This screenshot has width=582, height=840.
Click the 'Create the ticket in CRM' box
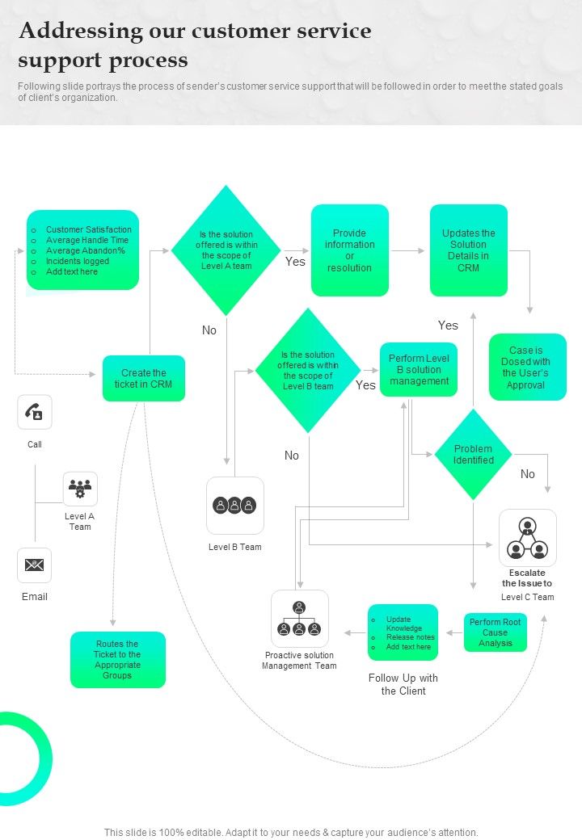144,378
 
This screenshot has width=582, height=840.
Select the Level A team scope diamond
226,250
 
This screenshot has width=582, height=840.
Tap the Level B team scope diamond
308,371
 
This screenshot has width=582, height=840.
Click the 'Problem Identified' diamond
473,455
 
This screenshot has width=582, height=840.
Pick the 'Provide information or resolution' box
349,250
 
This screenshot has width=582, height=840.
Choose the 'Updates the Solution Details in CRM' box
468,250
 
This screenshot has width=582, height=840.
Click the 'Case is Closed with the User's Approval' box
527,367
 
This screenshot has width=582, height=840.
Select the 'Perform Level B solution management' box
419,370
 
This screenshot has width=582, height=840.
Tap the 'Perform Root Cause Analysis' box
495,632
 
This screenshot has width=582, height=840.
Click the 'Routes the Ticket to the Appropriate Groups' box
117,660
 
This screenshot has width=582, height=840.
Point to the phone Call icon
35,413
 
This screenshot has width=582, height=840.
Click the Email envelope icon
35,565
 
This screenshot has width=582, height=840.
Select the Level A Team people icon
80,489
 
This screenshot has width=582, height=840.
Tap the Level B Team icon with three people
234,506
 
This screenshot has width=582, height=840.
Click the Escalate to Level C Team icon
527,538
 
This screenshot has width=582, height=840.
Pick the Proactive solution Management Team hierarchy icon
299,619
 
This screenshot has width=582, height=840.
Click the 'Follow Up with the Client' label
403,684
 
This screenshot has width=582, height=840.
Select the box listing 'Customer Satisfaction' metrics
82,250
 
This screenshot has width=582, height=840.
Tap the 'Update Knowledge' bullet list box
403,632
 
